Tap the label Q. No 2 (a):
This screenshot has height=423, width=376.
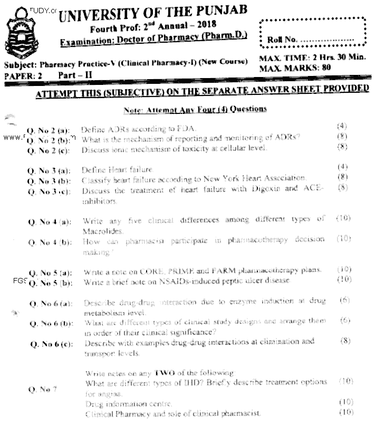click(49, 130)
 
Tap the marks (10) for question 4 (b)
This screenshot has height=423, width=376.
click(344, 238)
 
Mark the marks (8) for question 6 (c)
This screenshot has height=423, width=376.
click(345, 341)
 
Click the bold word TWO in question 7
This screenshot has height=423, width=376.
click(161, 372)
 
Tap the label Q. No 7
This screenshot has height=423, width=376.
click(42, 389)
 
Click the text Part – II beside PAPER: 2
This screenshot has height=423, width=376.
click(68, 75)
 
